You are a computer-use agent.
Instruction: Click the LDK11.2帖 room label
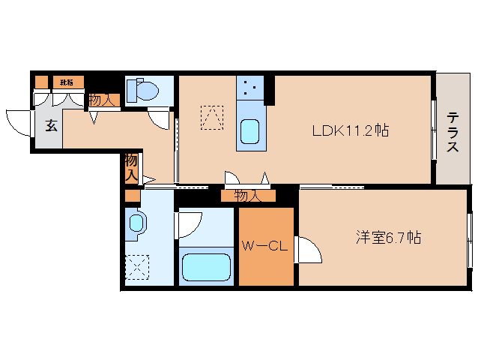(x=350, y=130)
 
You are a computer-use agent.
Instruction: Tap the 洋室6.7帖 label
(x=387, y=238)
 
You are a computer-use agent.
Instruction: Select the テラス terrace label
(x=453, y=132)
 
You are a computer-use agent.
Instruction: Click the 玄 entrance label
(x=51, y=126)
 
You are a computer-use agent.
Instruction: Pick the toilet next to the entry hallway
(x=145, y=91)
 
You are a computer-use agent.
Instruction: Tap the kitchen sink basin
(x=250, y=132)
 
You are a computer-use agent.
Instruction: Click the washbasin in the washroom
(x=136, y=224)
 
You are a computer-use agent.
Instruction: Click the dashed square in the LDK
(x=211, y=118)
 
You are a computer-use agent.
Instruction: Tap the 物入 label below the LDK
(x=247, y=196)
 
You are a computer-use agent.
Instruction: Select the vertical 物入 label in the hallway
(x=131, y=167)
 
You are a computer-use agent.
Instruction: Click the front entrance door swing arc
(x=17, y=120)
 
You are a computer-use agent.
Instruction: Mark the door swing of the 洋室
(x=309, y=249)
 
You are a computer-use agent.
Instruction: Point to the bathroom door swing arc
(x=189, y=224)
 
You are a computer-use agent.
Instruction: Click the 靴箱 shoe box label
(x=67, y=82)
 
